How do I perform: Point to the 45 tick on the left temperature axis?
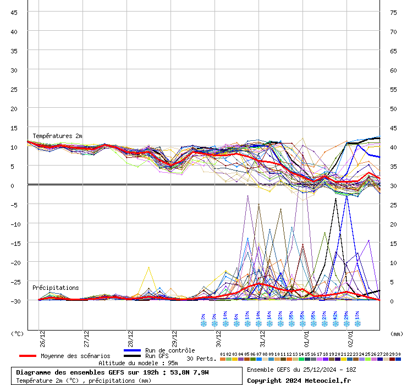(x=14, y=12)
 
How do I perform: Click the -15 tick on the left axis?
(x=14, y=243)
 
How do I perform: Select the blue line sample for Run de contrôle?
(x=132, y=350)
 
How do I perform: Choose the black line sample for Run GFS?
(x=132, y=356)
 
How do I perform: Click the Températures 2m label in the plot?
(x=57, y=136)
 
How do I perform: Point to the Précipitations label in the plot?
(x=56, y=288)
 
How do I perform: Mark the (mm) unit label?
(x=397, y=333)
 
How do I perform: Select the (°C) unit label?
(x=17, y=333)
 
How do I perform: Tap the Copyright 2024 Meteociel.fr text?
(x=299, y=380)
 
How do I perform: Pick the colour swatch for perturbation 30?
(x=398, y=359)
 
